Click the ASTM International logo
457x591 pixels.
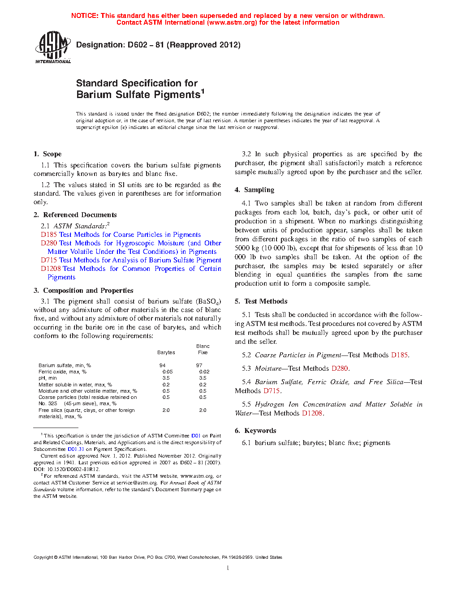coord(52,47)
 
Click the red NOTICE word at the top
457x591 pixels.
coord(85,16)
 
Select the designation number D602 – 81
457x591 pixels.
coord(146,45)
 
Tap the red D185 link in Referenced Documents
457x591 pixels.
coord(49,235)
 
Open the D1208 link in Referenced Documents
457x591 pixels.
coord(51,269)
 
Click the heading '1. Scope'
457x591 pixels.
coord(47,154)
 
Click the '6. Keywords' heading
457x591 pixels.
coord(255,431)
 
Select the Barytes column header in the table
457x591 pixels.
coord(166,352)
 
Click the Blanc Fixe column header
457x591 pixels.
coord(203,349)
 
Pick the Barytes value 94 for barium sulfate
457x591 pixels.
coord(162,365)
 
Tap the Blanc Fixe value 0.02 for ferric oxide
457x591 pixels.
coord(204,372)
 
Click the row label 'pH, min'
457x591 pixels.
coord(47,378)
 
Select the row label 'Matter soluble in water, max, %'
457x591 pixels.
coord(75,385)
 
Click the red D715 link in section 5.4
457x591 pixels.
coord(272,391)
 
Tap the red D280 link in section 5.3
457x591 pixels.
coord(339,368)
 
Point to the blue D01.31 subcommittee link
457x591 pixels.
coord(76,449)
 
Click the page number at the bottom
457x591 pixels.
coord(228,568)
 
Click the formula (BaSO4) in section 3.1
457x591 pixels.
coord(208,301)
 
